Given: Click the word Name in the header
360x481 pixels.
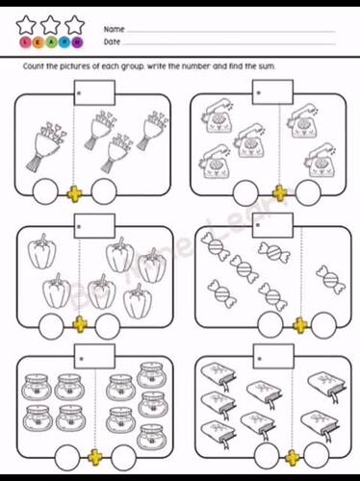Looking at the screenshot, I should click(113, 29).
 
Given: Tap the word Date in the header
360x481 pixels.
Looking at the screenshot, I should click(112, 42).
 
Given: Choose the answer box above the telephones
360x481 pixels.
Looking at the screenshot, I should click(270, 92).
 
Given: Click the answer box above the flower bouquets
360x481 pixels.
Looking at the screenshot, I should click(95, 92).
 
